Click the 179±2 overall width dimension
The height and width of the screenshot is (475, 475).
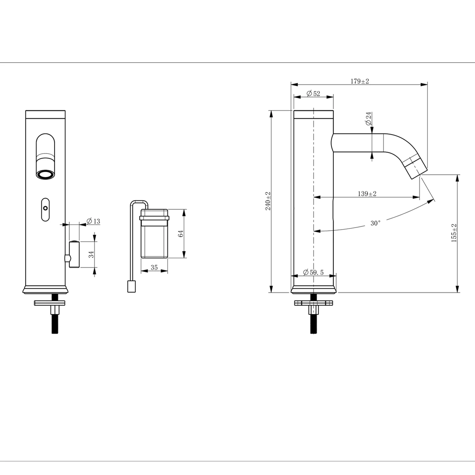point(359,81)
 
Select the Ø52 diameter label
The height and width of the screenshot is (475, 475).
point(313,93)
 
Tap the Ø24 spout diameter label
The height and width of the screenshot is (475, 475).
point(368,119)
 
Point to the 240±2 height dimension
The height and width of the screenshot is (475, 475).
point(268,201)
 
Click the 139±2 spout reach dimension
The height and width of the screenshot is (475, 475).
point(367,194)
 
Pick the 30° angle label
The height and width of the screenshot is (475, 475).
point(375,223)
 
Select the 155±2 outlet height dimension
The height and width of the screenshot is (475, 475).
point(454,233)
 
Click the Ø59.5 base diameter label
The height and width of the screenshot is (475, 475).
point(313,272)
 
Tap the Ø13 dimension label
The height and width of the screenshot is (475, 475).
point(93,221)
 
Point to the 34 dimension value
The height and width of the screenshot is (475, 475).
point(91,254)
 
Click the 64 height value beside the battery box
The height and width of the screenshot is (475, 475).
point(180,234)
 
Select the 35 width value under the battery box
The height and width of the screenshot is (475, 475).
point(154,268)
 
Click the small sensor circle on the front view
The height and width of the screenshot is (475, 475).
point(46,208)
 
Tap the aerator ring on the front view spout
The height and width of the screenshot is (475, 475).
point(45,174)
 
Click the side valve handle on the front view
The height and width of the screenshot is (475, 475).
point(74,254)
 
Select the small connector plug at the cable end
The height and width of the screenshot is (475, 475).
point(131,287)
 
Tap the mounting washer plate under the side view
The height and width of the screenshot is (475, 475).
point(313,303)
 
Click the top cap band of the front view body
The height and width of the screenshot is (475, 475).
point(45,114)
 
